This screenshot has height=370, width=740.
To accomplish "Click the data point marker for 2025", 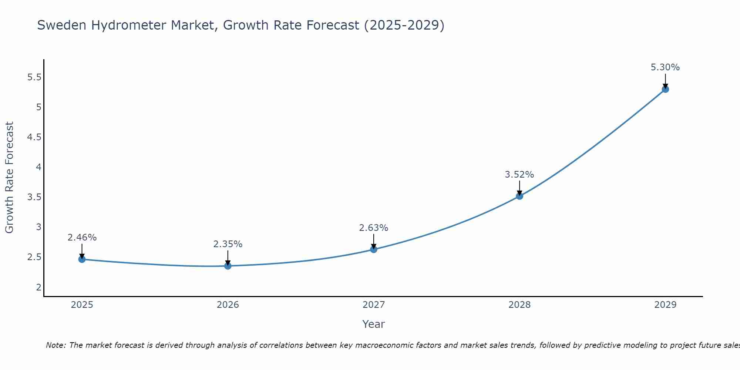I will pyautogui.click(x=82, y=259).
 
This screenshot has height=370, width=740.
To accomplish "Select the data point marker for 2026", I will pyautogui.click(x=228, y=266).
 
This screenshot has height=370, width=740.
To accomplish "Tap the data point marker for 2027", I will pyautogui.click(x=374, y=249).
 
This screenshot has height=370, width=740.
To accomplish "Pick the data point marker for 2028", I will pyautogui.click(x=519, y=196).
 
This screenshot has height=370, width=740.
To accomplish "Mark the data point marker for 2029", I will pyautogui.click(x=665, y=89).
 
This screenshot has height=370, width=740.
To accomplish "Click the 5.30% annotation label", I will pyautogui.click(x=665, y=67).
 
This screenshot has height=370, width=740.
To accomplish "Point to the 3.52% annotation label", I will pyautogui.click(x=519, y=174).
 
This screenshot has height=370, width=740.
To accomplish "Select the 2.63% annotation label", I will pyautogui.click(x=374, y=228).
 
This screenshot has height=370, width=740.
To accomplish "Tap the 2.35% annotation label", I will pyautogui.click(x=228, y=244).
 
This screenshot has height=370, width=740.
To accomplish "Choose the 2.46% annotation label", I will pyautogui.click(x=82, y=238).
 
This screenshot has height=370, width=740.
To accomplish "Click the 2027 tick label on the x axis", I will pyautogui.click(x=374, y=305).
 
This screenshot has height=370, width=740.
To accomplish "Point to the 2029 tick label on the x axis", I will pyautogui.click(x=665, y=305).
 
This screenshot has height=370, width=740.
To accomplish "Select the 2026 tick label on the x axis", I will pyautogui.click(x=228, y=305).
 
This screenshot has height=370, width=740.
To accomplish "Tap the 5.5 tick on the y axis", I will pyautogui.click(x=34, y=77).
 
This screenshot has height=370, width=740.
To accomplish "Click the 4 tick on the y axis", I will pyautogui.click(x=38, y=167).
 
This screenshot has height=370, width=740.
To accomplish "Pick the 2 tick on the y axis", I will pyautogui.click(x=38, y=287).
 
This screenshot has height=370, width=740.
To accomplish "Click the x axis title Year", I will pyautogui.click(x=374, y=324).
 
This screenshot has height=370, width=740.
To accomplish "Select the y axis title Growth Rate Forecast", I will pyautogui.click(x=9, y=178).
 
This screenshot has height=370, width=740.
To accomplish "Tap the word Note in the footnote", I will pyautogui.click(x=55, y=345).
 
